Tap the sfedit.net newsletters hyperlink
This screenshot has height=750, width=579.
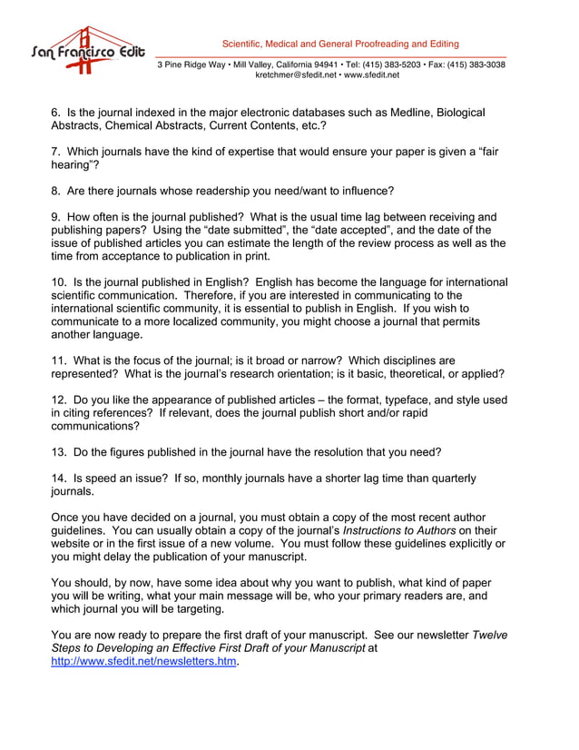click(x=143, y=662)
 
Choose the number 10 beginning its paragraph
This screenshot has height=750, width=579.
click(x=58, y=282)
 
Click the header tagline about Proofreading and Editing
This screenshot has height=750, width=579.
click(x=340, y=44)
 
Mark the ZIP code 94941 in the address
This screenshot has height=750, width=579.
click(x=324, y=64)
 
